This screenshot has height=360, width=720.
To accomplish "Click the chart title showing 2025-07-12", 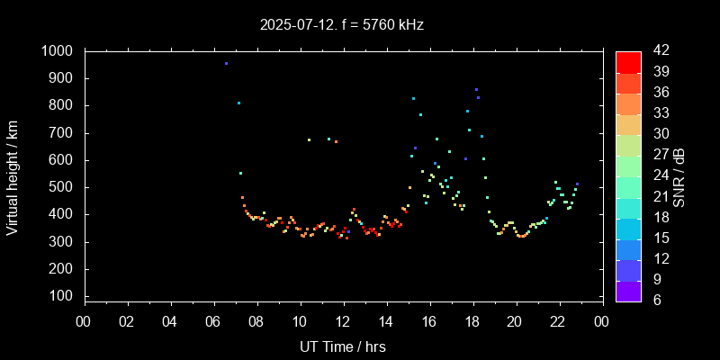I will (x=342, y=25).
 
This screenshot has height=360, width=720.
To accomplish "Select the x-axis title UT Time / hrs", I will (x=343, y=346).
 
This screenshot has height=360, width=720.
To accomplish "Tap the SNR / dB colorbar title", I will (x=679, y=176).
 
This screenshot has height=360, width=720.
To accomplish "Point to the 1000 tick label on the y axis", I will (x=57, y=51).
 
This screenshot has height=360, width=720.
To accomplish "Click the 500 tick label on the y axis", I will (x=61, y=187).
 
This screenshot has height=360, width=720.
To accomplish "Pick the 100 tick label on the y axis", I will (x=61, y=296).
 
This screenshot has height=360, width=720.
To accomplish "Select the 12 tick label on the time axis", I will (x=343, y=322).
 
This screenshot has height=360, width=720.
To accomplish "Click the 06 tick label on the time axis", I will (x=213, y=322).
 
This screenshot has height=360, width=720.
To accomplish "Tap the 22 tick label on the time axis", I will (x=558, y=322).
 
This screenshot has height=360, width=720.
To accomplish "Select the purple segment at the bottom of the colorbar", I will (x=628, y=290).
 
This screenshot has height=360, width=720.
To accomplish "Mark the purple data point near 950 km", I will (x=226, y=64).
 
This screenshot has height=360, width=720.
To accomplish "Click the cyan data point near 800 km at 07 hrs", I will (x=238, y=103).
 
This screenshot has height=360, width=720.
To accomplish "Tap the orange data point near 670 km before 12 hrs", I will (x=336, y=141).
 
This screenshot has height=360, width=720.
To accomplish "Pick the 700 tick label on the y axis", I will (x=61, y=133).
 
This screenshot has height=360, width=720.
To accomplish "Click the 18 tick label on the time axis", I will (x=472, y=322).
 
